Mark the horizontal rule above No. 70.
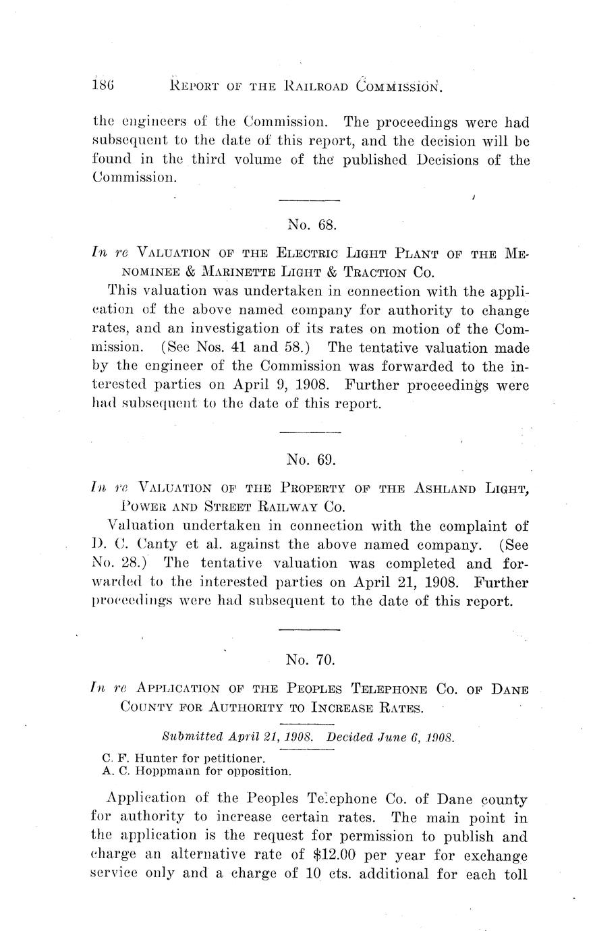(309, 630)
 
